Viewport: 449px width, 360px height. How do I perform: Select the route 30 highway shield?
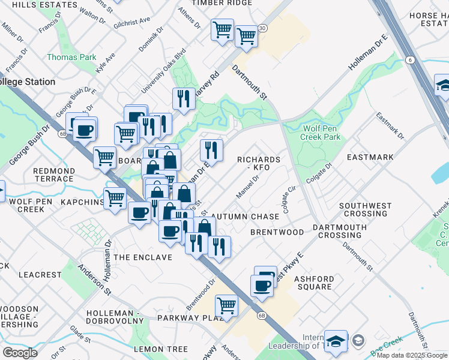pos(262,28)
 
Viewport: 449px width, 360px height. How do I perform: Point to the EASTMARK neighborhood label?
pos(370,157)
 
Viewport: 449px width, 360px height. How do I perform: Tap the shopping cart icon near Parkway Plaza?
pos(226,305)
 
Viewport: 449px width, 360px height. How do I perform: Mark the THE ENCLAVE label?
pos(143,257)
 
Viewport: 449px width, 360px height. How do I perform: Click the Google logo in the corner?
pos(20,352)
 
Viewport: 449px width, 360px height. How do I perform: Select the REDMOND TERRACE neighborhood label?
pos(54,175)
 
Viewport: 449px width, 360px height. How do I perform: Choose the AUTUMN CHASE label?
pos(246,217)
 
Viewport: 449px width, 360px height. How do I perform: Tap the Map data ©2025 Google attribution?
pos(412,355)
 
